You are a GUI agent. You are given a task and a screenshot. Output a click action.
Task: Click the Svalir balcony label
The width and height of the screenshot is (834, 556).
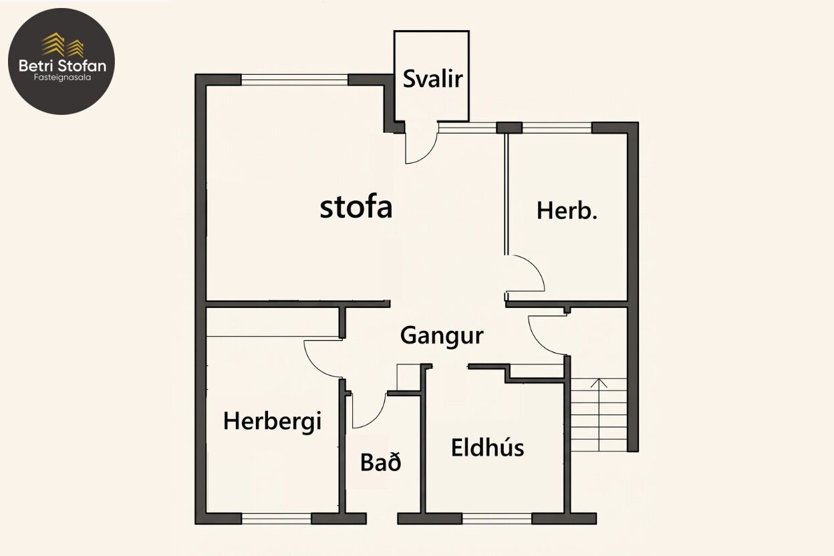click(432, 79)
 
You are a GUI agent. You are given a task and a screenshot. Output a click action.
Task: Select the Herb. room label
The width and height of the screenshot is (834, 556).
click(567, 211)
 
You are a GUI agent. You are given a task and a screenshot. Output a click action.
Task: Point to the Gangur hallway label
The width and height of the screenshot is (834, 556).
click(442, 335)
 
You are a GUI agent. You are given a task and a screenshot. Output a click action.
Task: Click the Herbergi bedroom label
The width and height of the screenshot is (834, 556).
click(272, 422)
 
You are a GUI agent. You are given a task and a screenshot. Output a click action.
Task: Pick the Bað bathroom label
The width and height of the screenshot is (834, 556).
click(380, 462)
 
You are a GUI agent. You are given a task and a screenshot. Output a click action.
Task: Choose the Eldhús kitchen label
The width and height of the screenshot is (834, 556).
click(487, 447)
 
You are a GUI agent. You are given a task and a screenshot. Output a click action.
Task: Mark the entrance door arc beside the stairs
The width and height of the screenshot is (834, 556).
click(539, 343)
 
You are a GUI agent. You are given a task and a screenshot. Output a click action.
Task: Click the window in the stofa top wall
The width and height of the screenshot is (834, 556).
click(295, 80)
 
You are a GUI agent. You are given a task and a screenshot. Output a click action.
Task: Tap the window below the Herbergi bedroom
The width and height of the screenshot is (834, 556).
click(276, 519)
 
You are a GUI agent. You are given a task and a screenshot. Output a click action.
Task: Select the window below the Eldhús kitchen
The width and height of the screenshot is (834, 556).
click(497, 519)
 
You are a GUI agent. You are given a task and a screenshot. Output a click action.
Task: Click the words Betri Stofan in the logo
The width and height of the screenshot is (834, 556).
click(62, 66)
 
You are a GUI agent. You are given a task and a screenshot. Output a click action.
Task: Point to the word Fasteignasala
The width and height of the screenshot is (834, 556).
click(62, 78)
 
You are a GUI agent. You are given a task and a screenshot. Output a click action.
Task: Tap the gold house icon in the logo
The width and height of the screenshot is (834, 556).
click(63, 45)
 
